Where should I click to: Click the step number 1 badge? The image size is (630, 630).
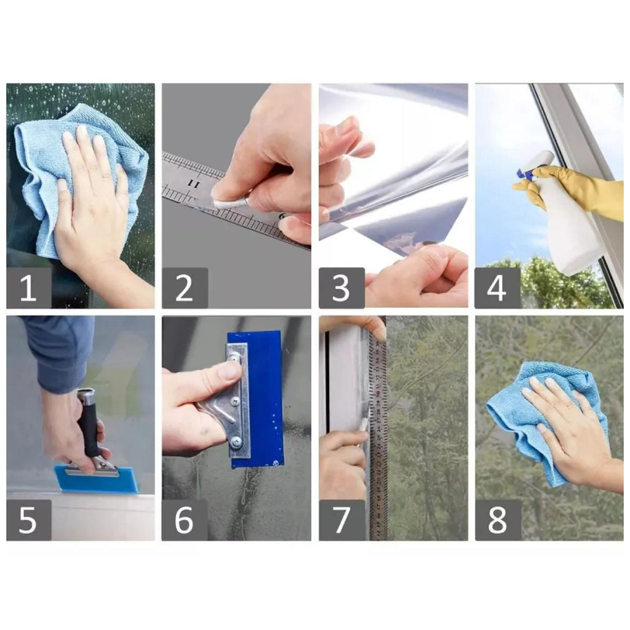29,288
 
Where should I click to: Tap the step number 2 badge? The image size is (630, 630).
185,288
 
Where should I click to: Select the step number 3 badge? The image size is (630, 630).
341,288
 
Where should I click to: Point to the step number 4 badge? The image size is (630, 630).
497,288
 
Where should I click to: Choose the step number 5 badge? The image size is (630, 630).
29,520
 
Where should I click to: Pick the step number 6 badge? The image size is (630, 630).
185,520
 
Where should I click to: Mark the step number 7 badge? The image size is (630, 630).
341,520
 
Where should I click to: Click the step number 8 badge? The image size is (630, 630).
497,520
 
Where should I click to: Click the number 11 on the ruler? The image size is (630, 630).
194,185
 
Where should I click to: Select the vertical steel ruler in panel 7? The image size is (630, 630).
378,434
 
